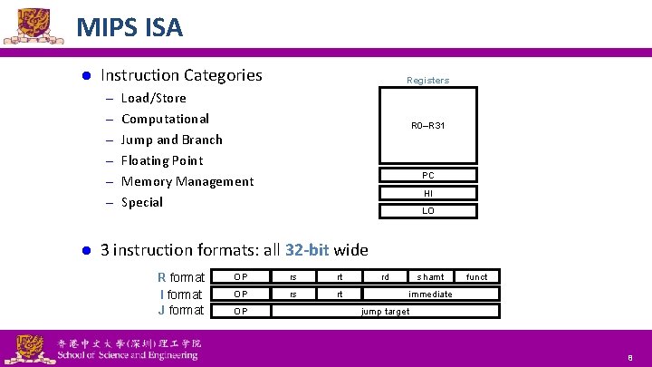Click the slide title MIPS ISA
tap(129, 27)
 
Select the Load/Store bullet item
tap(153, 98)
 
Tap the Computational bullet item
tap(165, 119)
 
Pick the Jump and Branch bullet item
tap(171, 140)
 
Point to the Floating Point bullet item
tap(162, 160)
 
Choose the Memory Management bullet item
tap(187, 181)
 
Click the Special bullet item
tap(141, 202)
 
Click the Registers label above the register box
tap(427, 81)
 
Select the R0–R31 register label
tap(427, 125)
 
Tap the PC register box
tap(427, 175)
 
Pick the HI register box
tap(427, 193)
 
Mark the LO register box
tap(427, 211)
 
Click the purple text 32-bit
tap(308, 249)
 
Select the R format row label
tap(181, 277)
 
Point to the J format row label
tap(181, 310)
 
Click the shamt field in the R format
tap(430, 277)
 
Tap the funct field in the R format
tap(476, 277)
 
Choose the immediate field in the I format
tap(430, 295)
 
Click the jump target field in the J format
tap(385, 311)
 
